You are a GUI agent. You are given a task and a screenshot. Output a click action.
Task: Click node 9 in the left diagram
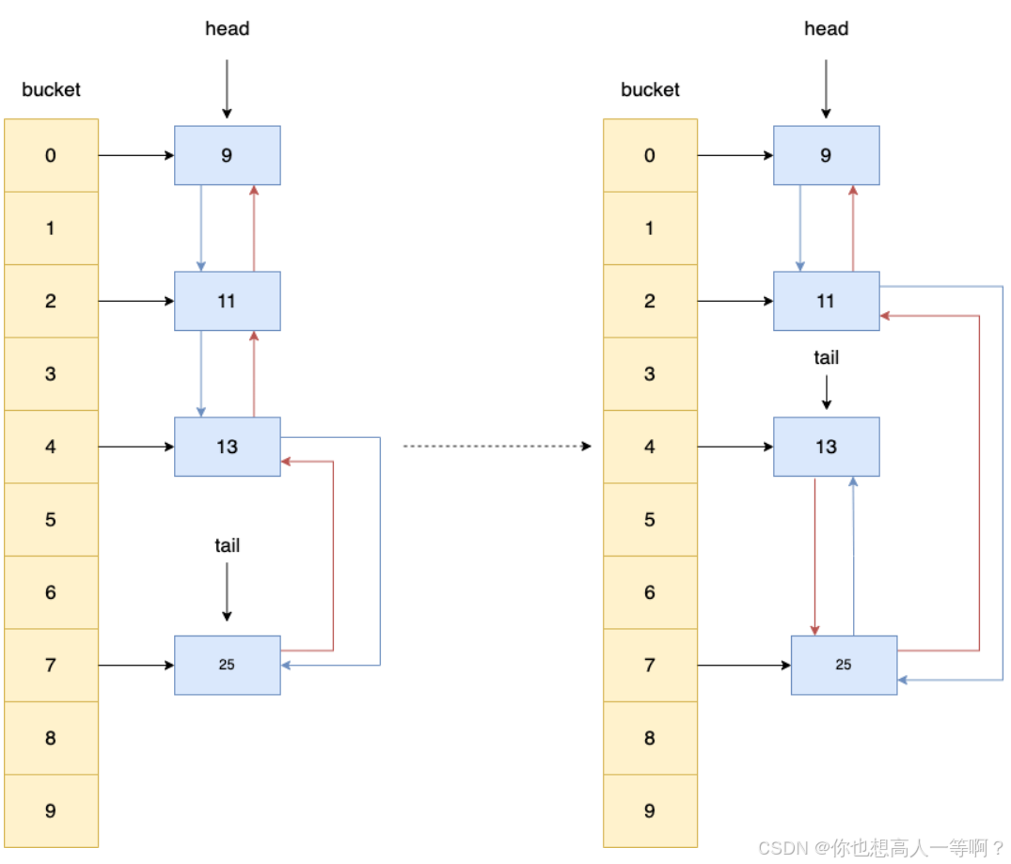pyautogui.click(x=227, y=155)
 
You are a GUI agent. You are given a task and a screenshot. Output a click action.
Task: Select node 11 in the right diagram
pyautogui.click(x=826, y=301)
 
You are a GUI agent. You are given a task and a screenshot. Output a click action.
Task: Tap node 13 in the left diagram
pyautogui.click(x=227, y=447)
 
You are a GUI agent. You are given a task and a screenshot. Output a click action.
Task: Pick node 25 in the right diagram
pyautogui.click(x=844, y=665)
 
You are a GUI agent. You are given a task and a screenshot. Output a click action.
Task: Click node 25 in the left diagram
pyautogui.click(x=227, y=665)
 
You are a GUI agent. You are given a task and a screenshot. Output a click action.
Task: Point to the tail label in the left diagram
pyautogui.click(x=227, y=545)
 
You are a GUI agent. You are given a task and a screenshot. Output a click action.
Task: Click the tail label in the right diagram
pyautogui.click(x=826, y=358)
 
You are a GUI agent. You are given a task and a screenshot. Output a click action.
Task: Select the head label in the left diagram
pyautogui.click(x=227, y=29)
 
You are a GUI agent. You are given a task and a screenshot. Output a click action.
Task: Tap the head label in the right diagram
pyautogui.click(x=826, y=29)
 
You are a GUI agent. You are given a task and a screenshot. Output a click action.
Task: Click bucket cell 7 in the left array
pyautogui.click(x=51, y=665)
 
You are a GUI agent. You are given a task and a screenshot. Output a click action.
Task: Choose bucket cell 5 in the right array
pyautogui.click(x=650, y=519)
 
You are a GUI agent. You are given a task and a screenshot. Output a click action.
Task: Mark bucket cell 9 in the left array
pyautogui.click(x=51, y=810)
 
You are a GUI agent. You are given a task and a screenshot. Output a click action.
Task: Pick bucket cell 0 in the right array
pyautogui.click(x=650, y=155)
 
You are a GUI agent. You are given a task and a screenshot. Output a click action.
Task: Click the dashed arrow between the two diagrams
pyautogui.click(x=497, y=447)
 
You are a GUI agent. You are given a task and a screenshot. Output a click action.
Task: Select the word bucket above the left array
pyautogui.click(x=51, y=90)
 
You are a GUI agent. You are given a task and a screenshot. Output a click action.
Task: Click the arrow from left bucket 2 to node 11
pyautogui.click(x=136, y=301)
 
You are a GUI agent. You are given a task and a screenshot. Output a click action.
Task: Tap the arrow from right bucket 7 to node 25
pyautogui.click(x=744, y=665)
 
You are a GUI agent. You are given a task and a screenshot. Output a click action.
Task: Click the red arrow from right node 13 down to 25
pyautogui.click(x=814, y=555)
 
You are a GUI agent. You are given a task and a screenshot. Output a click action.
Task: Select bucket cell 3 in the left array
pyautogui.click(x=51, y=374)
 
